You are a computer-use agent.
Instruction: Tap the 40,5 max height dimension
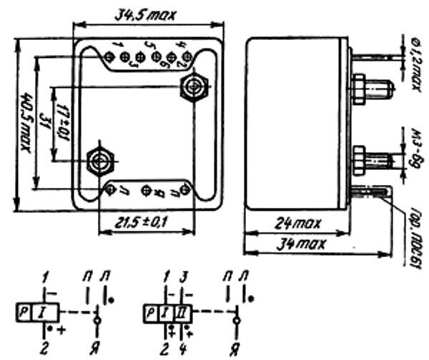[27, 122]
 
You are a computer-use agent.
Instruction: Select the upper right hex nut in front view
[192, 87]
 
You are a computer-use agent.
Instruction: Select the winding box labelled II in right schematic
[184, 312]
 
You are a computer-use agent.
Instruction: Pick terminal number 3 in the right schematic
[184, 276]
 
